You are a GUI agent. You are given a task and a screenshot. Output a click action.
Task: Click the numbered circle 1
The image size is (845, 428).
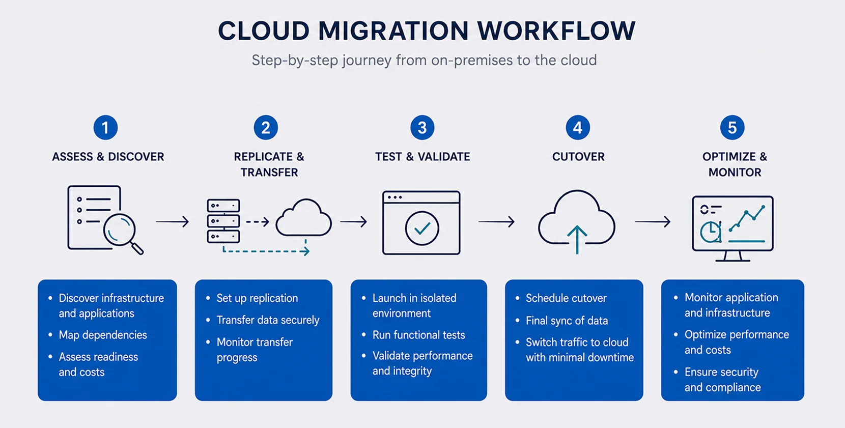coord(106,127)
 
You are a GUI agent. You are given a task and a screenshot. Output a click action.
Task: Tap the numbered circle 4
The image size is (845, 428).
coord(578,127)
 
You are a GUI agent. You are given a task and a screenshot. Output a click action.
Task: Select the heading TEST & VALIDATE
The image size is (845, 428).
coord(422,157)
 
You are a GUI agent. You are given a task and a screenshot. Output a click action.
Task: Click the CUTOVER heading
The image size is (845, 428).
coord(578,157)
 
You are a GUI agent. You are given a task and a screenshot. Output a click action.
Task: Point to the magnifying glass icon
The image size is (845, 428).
coord(120,231)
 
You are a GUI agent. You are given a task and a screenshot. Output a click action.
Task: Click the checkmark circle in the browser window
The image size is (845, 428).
coord(422,228)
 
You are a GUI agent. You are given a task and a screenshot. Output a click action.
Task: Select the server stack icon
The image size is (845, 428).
coord(223,221)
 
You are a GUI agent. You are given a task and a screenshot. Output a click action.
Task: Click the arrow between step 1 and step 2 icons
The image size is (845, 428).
coord(173,221)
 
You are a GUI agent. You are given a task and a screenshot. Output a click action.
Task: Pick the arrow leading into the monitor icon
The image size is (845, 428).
coord(653,221)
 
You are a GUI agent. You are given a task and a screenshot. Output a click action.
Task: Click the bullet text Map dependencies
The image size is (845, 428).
coord(103,335)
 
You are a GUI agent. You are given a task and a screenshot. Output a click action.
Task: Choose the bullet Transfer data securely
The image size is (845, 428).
coord(268,320)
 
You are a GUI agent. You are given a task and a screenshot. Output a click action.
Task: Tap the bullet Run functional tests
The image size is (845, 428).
coord(419,335)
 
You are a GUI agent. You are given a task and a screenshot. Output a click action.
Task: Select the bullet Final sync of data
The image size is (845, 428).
coord(567,321)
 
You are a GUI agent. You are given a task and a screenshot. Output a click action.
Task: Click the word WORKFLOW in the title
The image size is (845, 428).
coord(556,31)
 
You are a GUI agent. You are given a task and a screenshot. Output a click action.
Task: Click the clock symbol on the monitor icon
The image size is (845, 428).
coord(710,232)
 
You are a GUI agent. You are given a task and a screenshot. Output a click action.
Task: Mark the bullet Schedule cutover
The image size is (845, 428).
coord(566,298)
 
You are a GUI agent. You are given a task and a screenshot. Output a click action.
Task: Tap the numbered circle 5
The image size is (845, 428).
coord(732,127)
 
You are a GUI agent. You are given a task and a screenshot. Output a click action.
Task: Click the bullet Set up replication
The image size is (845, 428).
coord(257,298)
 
